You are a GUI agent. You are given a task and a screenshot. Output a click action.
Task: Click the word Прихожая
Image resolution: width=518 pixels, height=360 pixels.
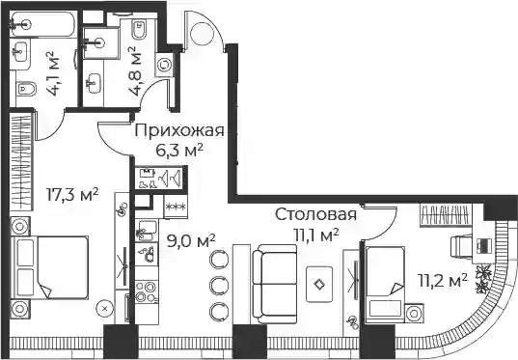[x=179, y=131]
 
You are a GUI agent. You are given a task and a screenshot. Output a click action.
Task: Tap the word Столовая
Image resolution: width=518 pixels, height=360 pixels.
[x=316, y=214]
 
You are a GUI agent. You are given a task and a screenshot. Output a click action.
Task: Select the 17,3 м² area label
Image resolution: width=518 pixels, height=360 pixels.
[x=72, y=195]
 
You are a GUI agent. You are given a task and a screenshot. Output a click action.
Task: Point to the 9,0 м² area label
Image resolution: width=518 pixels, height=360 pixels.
[x=191, y=241]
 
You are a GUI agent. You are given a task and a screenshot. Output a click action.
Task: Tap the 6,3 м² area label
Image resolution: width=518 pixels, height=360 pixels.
[x=179, y=152]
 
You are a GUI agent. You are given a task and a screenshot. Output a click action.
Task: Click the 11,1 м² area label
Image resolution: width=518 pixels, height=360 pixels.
[x=316, y=235]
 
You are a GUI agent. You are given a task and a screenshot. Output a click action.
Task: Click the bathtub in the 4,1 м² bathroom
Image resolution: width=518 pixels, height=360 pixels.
[x=42, y=24]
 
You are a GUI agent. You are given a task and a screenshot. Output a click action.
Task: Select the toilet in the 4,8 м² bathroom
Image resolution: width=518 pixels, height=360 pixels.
[x=139, y=30]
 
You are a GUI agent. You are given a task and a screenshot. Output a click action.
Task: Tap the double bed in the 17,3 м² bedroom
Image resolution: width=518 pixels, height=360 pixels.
[x=50, y=267]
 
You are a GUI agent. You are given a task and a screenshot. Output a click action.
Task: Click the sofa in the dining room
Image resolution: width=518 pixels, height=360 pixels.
[x=275, y=284]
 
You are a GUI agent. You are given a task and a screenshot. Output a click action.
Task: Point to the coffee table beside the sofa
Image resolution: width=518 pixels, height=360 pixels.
[x=319, y=285]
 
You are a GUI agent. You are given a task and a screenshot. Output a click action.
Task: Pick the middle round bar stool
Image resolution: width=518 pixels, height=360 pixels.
[x=219, y=285]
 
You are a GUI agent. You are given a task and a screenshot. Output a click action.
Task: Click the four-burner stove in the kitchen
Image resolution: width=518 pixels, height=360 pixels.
[x=147, y=291]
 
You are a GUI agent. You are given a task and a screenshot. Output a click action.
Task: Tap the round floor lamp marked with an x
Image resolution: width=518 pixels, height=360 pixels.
[x=105, y=309]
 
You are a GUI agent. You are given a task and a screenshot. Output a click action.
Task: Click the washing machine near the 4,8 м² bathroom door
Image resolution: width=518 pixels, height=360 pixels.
[x=164, y=65]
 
